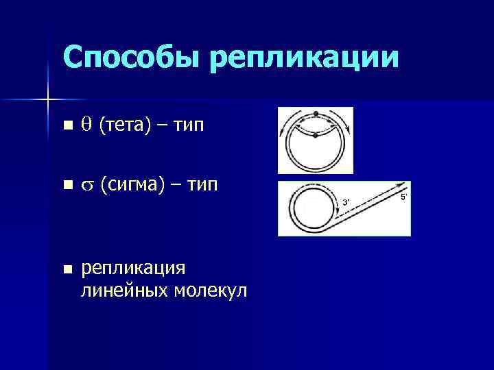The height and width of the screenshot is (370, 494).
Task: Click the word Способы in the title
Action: pyautogui.click(x=131, y=56)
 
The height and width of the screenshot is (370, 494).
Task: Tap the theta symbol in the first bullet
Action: pyautogui.click(x=86, y=125)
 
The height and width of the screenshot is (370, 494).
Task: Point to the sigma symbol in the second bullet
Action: pyautogui.click(x=86, y=186)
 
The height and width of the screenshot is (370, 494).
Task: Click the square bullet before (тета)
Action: pyautogui.click(x=66, y=126)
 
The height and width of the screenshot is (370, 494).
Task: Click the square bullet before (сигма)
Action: pyautogui.click(x=66, y=186)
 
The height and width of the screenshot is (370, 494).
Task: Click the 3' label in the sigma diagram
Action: pyautogui.click(x=346, y=201)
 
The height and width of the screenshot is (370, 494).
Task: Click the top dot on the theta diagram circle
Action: pyautogui.click(x=315, y=113)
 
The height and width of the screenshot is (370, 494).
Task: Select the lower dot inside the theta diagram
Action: pyautogui.click(x=315, y=136)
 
